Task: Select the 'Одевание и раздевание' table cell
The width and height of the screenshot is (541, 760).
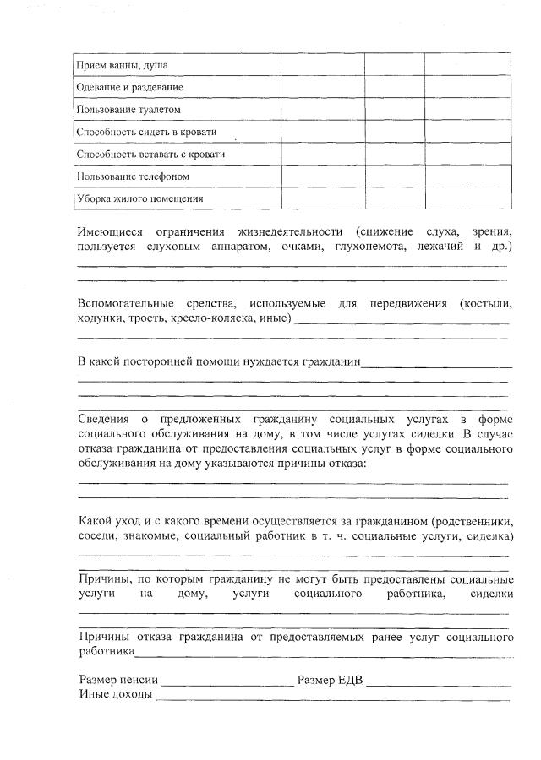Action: (129, 87)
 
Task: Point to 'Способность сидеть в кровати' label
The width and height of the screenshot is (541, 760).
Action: (146, 133)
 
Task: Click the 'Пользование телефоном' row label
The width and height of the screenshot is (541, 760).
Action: (133, 176)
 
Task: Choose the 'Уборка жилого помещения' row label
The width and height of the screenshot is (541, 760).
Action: (139, 199)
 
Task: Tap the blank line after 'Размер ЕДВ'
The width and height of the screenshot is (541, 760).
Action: (438, 683)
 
